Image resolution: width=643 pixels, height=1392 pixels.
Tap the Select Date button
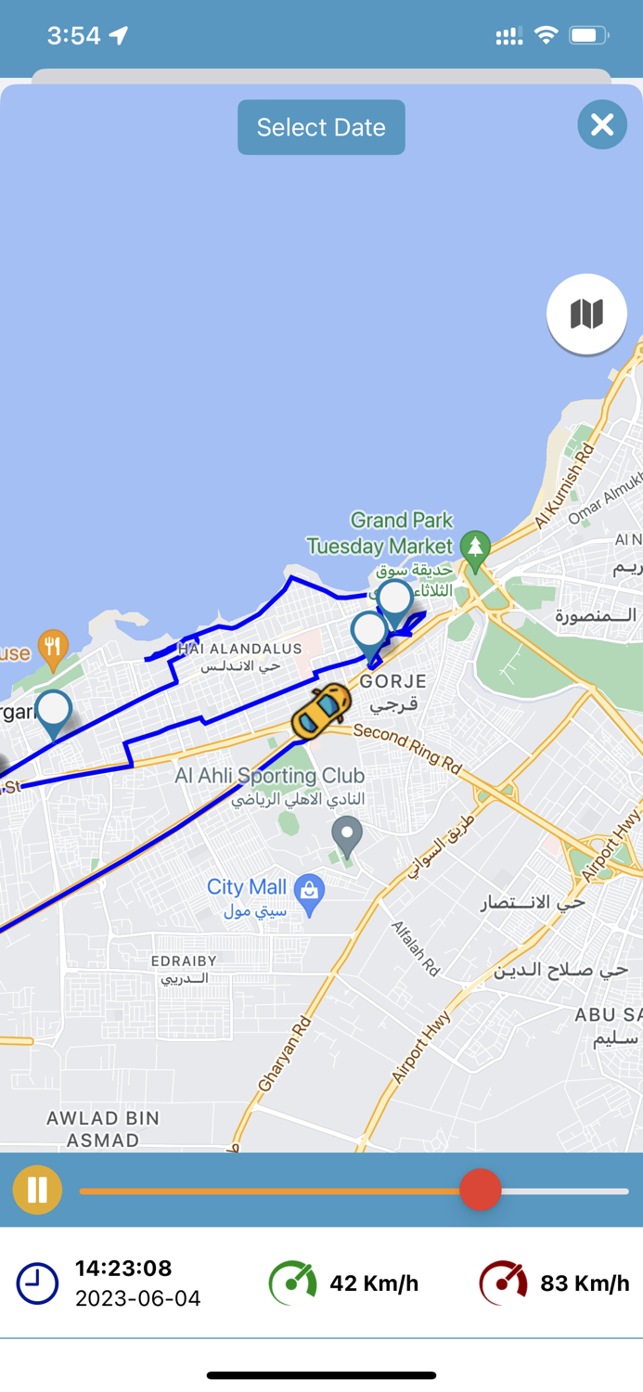tap(321, 127)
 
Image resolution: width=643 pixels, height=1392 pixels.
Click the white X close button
tap(602, 124)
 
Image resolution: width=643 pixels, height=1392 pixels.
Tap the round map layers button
tap(586, 314)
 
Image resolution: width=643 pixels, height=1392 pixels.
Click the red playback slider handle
tap(480, 1190)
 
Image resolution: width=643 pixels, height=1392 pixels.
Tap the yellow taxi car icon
tap(321, 712)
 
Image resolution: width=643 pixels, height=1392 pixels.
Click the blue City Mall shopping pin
tap(309, 893)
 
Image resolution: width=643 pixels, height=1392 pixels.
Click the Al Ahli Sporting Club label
tap(270, 776)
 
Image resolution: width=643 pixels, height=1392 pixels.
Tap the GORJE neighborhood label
tap(393, 681)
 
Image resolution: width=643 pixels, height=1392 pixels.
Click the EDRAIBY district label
tap(184, 961)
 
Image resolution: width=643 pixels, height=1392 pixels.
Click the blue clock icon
tap(37, 1283)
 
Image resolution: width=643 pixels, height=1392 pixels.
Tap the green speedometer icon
tap(292, 1283)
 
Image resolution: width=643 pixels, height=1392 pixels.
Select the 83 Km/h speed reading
tap(585, 1283)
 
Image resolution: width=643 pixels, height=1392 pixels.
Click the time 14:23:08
tap(123, 1269)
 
